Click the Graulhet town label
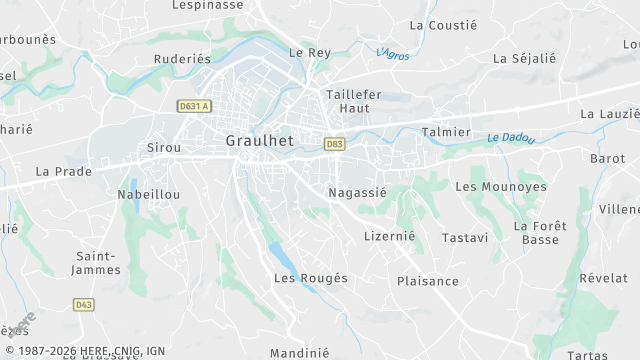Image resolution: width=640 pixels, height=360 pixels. (259, 141)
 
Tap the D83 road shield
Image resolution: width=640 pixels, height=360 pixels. (335, 144)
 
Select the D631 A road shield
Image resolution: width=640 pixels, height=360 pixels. (194, 106)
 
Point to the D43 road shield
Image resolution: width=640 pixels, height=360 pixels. (84, 304)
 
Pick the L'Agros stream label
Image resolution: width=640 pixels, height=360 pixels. (393, 53)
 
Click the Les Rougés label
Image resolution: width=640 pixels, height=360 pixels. (311, 278)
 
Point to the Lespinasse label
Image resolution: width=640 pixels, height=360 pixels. (207, 5)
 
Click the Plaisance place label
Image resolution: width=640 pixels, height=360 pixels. (428, 281)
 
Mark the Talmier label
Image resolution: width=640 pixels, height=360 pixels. (446, 132)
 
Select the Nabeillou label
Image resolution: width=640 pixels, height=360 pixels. (149, 195)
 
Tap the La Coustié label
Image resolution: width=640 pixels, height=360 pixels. (445, 25)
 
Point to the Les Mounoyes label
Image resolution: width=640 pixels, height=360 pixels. (501, 187)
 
